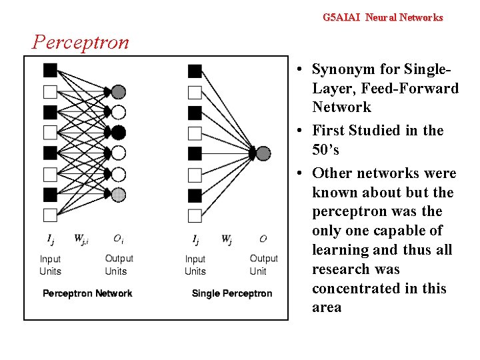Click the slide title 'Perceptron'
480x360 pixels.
81,43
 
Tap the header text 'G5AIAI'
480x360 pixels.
341,17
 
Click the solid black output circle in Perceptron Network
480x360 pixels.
118,132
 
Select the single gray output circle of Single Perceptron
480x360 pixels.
263,153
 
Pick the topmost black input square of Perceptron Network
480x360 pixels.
50,70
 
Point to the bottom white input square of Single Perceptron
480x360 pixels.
195,215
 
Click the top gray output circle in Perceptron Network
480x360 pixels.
118,91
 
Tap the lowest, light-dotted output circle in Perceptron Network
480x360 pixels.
118,195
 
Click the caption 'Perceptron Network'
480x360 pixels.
87,293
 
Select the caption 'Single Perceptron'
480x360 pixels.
232,293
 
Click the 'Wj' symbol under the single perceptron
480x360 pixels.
227,239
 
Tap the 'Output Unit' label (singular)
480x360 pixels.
263,265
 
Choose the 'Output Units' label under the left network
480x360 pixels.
119,265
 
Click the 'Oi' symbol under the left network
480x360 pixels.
117,239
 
